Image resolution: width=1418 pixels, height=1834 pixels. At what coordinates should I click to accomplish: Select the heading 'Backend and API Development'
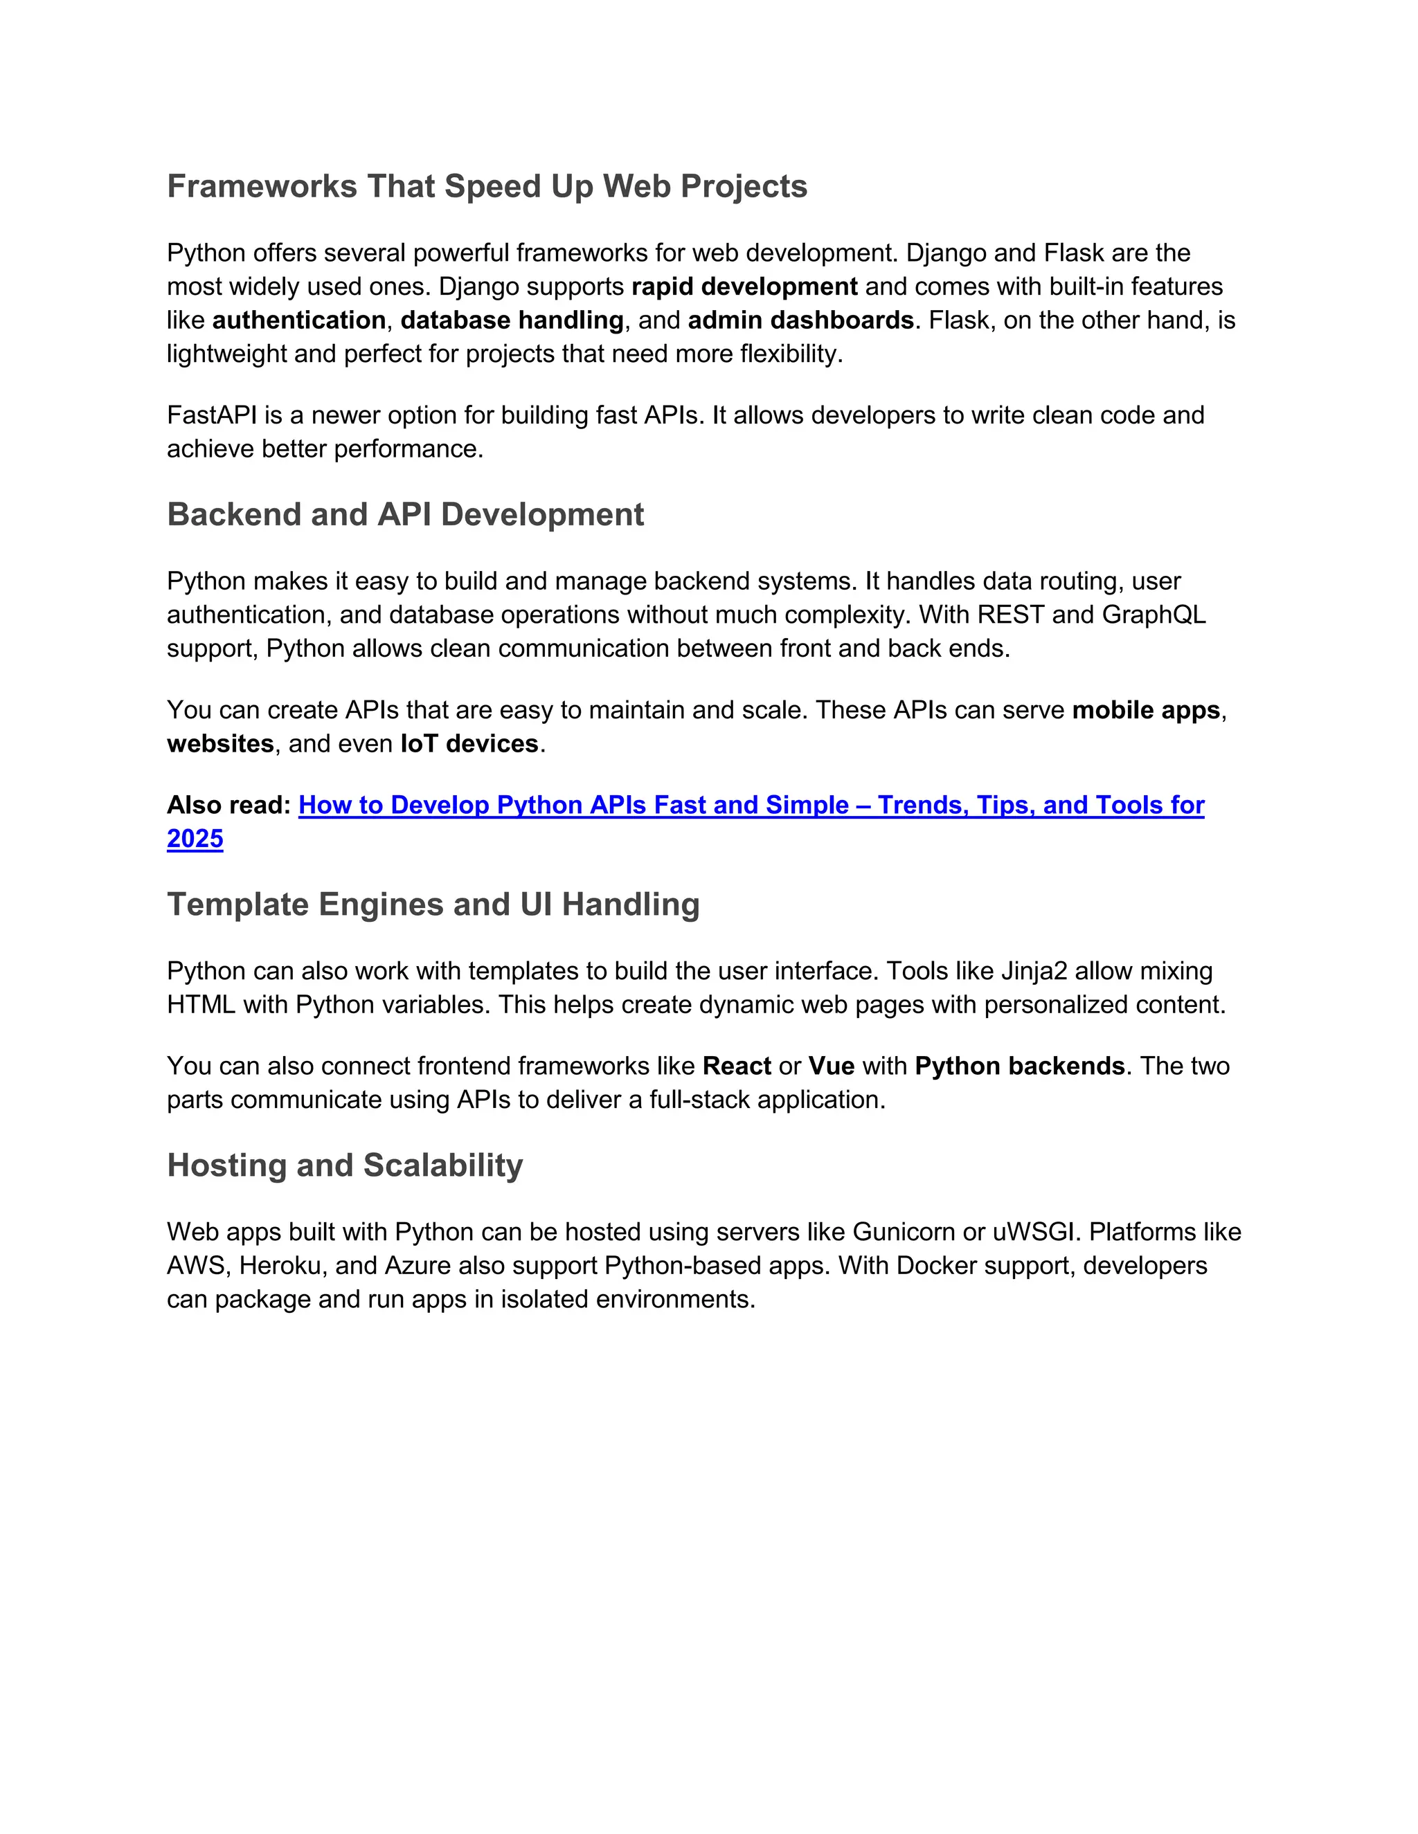(x=405, y=515)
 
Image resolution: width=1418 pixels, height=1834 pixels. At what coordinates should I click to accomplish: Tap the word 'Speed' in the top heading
(x=492, y=186)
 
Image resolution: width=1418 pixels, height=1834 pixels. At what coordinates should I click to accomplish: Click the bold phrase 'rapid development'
(x=744, y=287)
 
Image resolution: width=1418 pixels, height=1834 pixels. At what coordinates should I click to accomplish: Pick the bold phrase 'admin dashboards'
(x=800, y=321)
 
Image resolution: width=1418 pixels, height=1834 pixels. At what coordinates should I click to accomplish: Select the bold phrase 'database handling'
(x=512, y=321)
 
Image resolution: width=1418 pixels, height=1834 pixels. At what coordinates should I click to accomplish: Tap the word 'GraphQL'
(x=1154, y=615)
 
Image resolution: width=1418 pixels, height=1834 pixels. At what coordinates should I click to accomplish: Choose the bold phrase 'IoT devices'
(x=469, y=744)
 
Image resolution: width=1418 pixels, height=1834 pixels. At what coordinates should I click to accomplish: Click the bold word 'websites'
(x=220, y=744)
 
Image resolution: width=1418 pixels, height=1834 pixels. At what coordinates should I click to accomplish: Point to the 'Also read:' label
(x=228, y=806)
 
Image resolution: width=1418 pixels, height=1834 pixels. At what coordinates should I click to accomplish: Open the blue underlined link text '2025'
(x=195, y=839)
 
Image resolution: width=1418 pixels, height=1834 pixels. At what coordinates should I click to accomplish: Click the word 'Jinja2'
(x=1033, y=972)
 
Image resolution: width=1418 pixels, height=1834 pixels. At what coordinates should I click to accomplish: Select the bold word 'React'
(x=737, y=1066)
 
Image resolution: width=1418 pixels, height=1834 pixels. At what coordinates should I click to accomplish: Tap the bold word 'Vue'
(x=832, y=1066)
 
